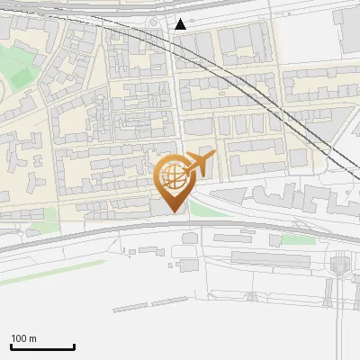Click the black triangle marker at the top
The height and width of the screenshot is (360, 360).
pos(181,24)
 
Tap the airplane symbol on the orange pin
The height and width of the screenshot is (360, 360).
pos(199,165)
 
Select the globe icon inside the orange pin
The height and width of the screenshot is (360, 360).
pos(171,178)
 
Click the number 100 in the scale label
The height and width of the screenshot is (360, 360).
pos(19,338)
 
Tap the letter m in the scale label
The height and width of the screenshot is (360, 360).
pos(32,338)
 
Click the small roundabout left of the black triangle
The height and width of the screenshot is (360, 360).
pos(154,22)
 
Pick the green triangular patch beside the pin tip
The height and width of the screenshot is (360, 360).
pos(200,209)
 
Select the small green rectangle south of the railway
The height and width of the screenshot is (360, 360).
pos(297,240)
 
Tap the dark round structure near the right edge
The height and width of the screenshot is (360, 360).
pos(340,265)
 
